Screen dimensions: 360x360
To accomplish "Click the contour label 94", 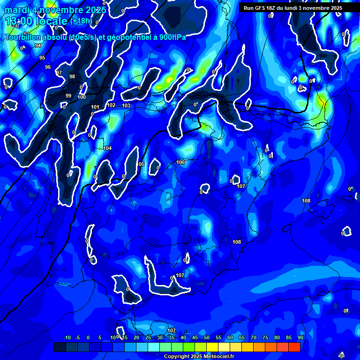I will [38, 45].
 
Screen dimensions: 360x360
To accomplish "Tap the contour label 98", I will [72, 76].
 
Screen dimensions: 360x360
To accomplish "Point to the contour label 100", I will [82, 97].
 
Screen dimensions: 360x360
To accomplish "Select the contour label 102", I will [111, 105].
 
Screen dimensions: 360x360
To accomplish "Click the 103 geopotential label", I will [126, 105].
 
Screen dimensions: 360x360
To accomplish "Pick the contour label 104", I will [108, 148].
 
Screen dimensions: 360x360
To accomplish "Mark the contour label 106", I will [180, 162].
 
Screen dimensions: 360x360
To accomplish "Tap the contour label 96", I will [48, 67].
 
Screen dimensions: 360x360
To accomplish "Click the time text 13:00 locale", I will [36, 21].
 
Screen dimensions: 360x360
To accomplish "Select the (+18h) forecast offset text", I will [81, 21].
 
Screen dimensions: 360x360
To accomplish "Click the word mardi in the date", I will [16, 10].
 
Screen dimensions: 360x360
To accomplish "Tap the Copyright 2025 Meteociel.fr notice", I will [199, 357].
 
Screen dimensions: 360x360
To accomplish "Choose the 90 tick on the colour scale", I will [300, 337].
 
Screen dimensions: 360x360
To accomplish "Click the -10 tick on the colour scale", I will [67, 337].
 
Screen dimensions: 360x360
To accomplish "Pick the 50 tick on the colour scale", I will [207, 337].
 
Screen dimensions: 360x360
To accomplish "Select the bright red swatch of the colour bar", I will [294, 347].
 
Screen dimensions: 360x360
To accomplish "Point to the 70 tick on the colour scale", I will [254, 337].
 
